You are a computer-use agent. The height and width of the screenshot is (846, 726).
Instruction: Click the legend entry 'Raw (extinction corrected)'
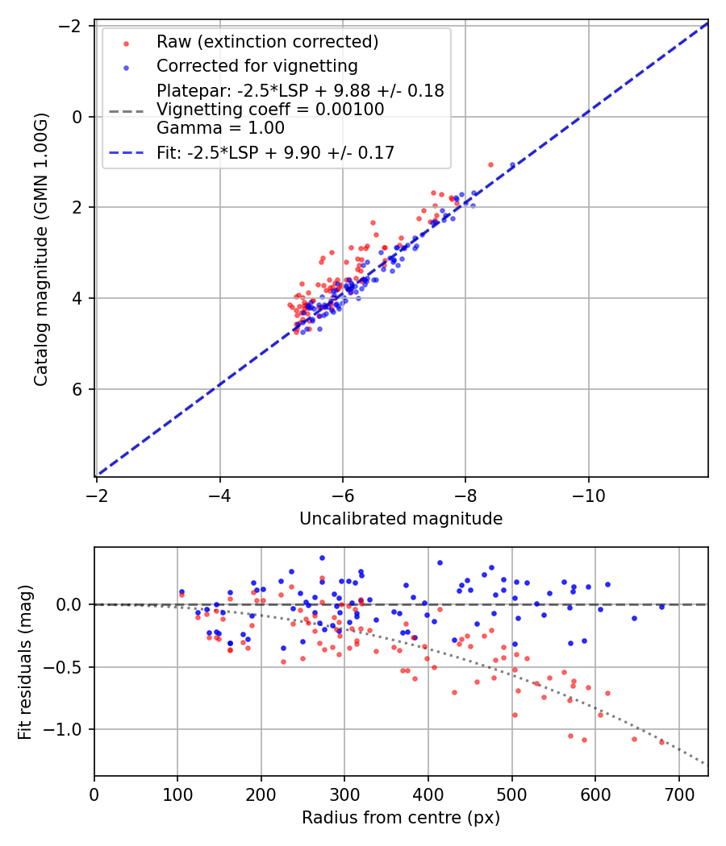point(267,41)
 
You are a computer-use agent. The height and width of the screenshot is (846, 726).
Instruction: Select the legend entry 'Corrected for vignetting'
point(257,65)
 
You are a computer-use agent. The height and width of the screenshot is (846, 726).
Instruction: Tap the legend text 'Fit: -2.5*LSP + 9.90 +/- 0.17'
point(275,152)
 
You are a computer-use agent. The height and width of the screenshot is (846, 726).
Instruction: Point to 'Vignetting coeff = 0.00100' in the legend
point(270,109)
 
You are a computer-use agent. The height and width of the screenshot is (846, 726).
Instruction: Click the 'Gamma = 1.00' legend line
point(220,127)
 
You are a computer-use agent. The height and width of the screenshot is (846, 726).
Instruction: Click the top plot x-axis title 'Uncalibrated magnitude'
point(401,519)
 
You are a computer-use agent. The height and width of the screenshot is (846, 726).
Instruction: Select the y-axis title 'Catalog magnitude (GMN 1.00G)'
point(41,249)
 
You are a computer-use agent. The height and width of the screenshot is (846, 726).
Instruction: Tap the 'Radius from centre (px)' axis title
point(401,818)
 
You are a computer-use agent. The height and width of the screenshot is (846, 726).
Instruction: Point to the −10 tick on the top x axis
point(588,495)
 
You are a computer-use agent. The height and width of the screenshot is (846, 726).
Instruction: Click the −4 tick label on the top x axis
point(219,495)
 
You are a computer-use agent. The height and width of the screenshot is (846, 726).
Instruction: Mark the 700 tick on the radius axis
point(678,794)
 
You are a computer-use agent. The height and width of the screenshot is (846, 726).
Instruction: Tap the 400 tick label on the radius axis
point(428,794)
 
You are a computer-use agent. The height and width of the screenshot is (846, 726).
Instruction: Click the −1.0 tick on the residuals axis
point(68,729)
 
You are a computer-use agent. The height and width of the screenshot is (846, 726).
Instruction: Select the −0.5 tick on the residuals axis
point(68,667)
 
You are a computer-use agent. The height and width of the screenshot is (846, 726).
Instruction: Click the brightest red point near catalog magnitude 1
point(490,164)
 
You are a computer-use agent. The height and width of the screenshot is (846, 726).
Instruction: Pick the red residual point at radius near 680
point(661,741)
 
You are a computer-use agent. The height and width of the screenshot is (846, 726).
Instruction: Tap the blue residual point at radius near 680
point(661,606)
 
